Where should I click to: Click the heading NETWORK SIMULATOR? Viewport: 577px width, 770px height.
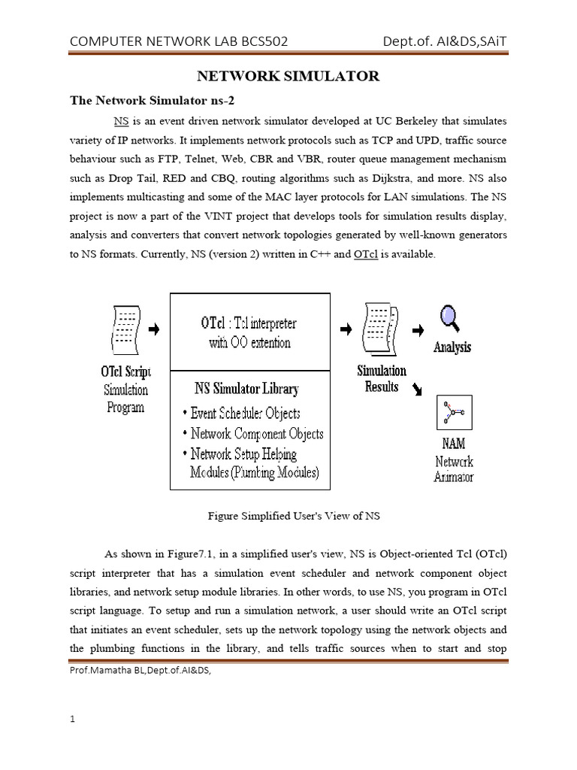pos(288,77)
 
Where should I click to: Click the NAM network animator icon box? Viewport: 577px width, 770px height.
pos(454,413)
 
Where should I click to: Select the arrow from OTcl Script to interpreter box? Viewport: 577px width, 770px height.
pos(154,329)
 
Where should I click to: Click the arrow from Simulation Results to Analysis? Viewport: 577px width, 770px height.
pos(418,329)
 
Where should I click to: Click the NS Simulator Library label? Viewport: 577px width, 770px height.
pos(246,389)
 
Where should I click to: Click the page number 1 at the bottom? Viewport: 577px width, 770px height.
pos(72,719)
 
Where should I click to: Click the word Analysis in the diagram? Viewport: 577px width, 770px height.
pos(452,347)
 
